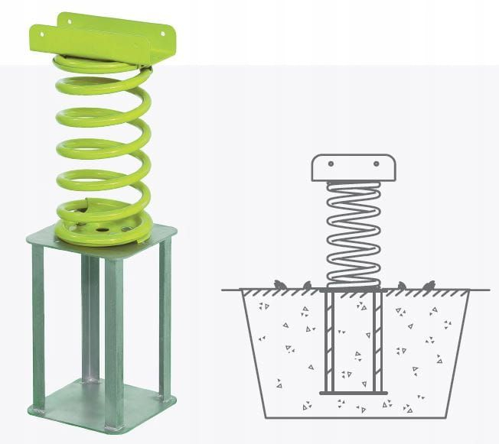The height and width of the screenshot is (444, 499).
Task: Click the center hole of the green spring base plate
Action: click(x=99, y=227)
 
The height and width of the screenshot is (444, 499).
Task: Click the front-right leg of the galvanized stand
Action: click(x=113, y=336)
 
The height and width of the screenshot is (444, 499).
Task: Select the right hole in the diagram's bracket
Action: click(x=376, y=165)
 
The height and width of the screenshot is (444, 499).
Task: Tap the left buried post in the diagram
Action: click(x=330, y=340)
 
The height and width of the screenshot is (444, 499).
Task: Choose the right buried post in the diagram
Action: click(x=377, y=340)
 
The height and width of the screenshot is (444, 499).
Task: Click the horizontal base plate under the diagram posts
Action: click(x=353, y=393)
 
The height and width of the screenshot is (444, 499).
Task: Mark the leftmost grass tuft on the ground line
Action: click(x=280, y=285)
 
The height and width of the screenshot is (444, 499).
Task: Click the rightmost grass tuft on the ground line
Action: click(x=429, y=285)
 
